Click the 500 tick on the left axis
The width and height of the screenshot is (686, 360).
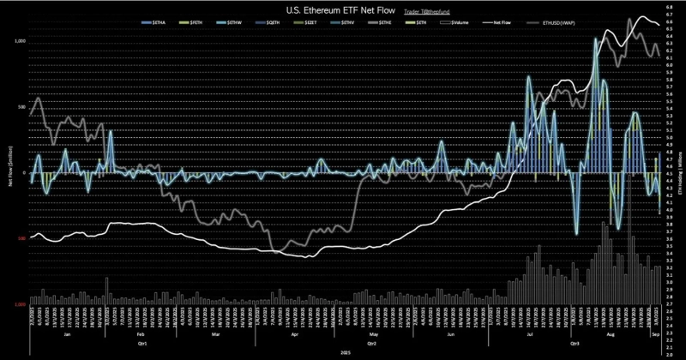pyautogui.click(x=22, y=107)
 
